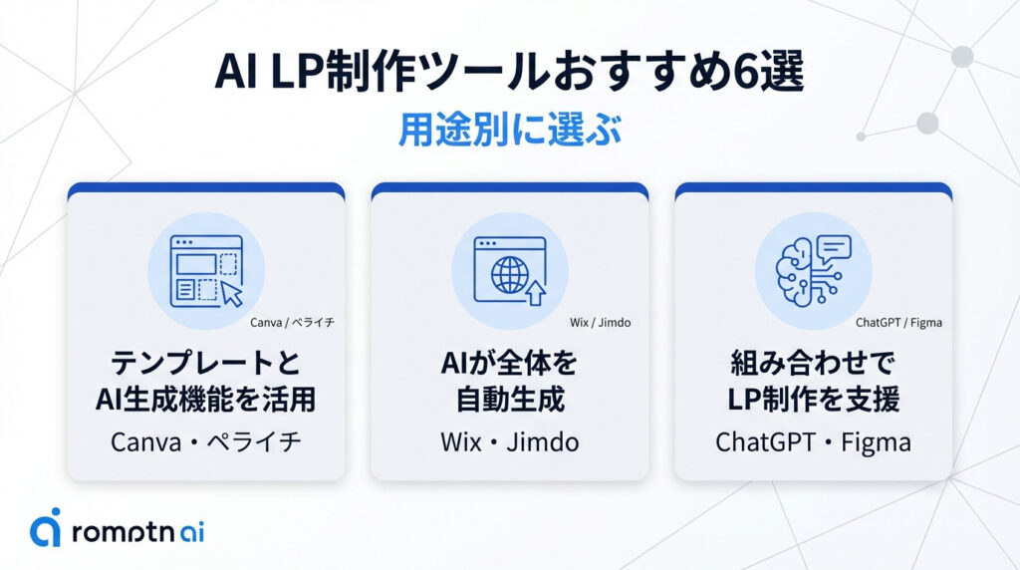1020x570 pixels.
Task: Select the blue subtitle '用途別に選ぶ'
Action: point(509,131)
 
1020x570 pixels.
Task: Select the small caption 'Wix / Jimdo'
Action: point(600,323)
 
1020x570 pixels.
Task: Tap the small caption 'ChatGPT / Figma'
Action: point(898,323)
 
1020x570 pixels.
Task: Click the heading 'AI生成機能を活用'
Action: point(206,400)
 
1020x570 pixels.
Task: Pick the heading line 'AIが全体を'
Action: point(509,364)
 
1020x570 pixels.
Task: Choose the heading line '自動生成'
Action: point(509,400)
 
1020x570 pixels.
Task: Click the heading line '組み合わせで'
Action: point(813,364)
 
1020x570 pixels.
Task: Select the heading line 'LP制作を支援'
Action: point(813,400)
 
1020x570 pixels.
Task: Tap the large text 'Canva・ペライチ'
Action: point(206,441)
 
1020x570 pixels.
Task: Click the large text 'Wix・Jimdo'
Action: point(509,441)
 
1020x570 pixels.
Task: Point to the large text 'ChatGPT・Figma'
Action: point(813,441)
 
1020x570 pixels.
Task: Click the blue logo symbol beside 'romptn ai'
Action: point(45,528)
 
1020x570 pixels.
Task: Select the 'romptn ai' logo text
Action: point(137,530)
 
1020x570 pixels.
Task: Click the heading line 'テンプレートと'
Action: point(206,364)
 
